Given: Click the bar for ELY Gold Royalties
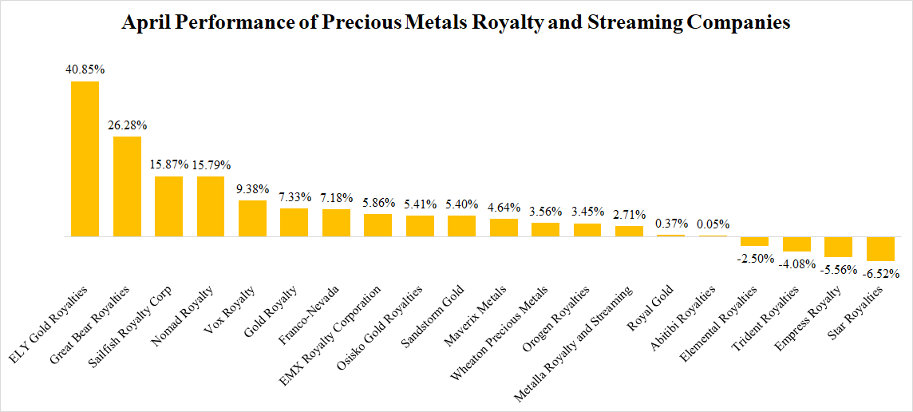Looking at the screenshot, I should [x=85, y=159].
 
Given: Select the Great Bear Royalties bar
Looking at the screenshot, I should [x=127, y=187].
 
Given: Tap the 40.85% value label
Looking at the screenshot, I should [x=85, y=69].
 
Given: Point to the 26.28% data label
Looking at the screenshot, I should [x=127, y=125].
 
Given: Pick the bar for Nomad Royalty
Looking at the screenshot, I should [x=211, y=207].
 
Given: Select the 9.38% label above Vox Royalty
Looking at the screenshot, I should [x=252, y=189].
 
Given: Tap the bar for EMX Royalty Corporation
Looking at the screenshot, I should [x=377, y=225].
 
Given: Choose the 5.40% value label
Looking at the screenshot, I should [x=461, y=204].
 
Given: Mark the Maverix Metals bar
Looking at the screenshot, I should [x=504, y=228].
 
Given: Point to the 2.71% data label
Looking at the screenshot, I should [x=629, y=215].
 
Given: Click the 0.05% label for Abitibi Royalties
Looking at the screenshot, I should [x=713, y=224].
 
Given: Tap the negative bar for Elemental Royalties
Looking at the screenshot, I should [x=754, y=241].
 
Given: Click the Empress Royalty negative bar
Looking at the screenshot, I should [x=838, y=247].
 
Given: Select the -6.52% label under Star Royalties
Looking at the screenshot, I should [x=880, y=273].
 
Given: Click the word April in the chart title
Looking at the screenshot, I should [x=146, y=22].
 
